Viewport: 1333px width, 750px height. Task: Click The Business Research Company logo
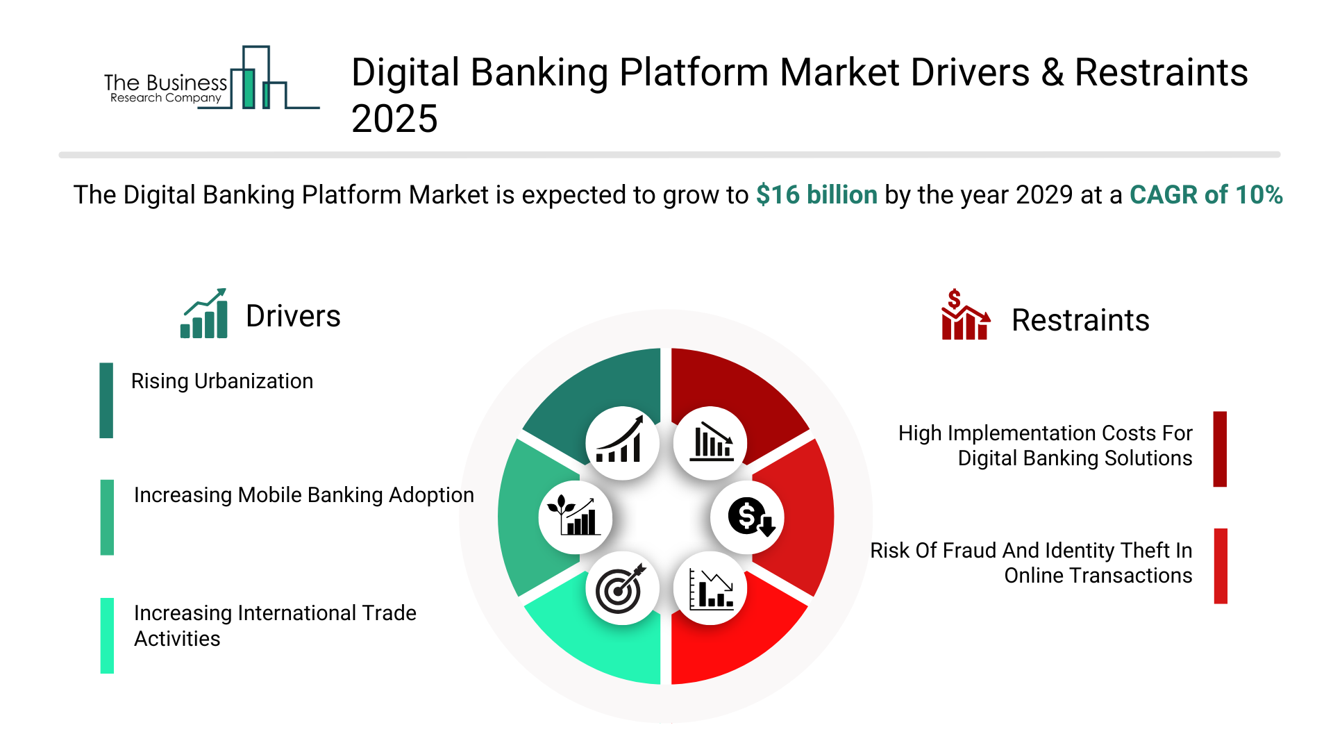212,78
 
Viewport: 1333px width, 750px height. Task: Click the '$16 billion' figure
816,195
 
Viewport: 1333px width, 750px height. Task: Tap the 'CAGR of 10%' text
1206,195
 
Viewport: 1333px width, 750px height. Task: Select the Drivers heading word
293,316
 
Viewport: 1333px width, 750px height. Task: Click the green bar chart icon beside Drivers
204,313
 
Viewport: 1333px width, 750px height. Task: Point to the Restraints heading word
1080,320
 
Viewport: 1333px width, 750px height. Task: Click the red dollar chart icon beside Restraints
965,315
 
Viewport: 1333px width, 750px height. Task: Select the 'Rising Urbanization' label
222,381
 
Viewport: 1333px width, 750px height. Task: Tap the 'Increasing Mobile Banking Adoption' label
304,495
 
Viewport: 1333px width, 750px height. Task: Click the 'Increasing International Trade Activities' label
275,626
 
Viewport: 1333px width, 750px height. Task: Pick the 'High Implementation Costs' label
1046,446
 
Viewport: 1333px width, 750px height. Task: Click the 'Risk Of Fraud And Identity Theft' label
1031,563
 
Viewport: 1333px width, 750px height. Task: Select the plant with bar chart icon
574,515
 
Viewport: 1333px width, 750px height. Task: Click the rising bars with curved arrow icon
621,440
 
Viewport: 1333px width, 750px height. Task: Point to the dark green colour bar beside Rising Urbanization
106,401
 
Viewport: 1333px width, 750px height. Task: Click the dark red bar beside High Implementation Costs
1220,449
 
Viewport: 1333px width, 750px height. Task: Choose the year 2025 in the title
394,119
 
